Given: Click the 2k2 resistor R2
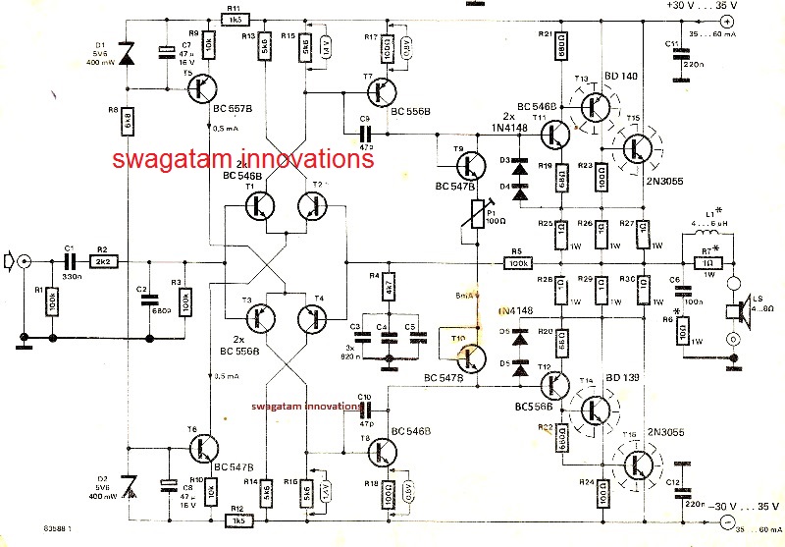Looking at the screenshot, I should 103,263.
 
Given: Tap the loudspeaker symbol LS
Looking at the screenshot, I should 731,310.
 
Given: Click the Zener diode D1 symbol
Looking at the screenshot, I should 128,55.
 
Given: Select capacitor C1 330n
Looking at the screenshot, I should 70,263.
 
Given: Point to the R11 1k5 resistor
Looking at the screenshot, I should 235,19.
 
